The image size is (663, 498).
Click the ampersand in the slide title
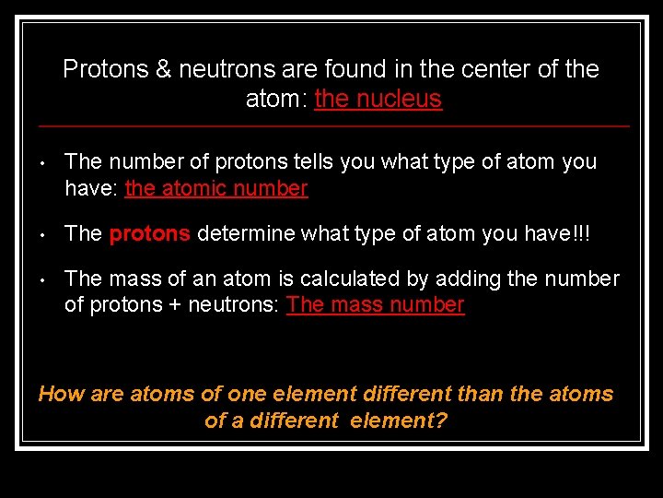(162, 69)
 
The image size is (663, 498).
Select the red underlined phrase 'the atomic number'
(215, 189)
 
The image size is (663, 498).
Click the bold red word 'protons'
(149, 233)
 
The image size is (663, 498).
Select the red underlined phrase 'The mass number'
(376, 305)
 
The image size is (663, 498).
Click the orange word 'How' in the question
(61, 394)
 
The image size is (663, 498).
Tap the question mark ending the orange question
(441, 421)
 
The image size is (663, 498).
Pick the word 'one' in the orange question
(247, 394)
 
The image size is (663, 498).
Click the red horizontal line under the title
(331, 125)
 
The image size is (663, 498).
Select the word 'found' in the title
(363, 69)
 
